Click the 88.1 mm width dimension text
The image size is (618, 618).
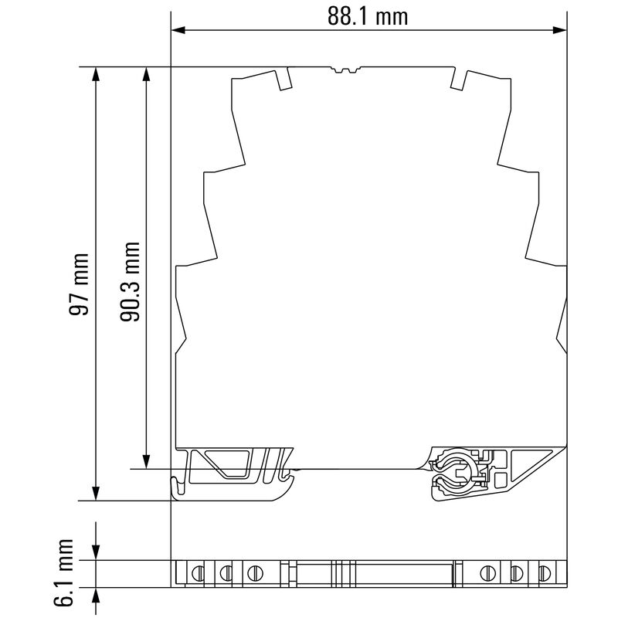tap(367, 15)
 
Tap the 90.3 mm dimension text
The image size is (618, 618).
tap(131, 281)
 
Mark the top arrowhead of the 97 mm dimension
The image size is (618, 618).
tap(96, 74)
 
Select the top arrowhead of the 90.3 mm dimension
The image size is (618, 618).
tap(145, 74)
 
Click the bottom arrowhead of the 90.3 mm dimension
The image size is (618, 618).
tap(145, 461)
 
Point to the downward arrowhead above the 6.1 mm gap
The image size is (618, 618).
tap(96, 553)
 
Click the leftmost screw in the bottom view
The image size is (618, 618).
tap(197, 573)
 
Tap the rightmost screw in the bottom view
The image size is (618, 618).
tap(545, 573)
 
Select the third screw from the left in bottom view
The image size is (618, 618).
tap(254, 573)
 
